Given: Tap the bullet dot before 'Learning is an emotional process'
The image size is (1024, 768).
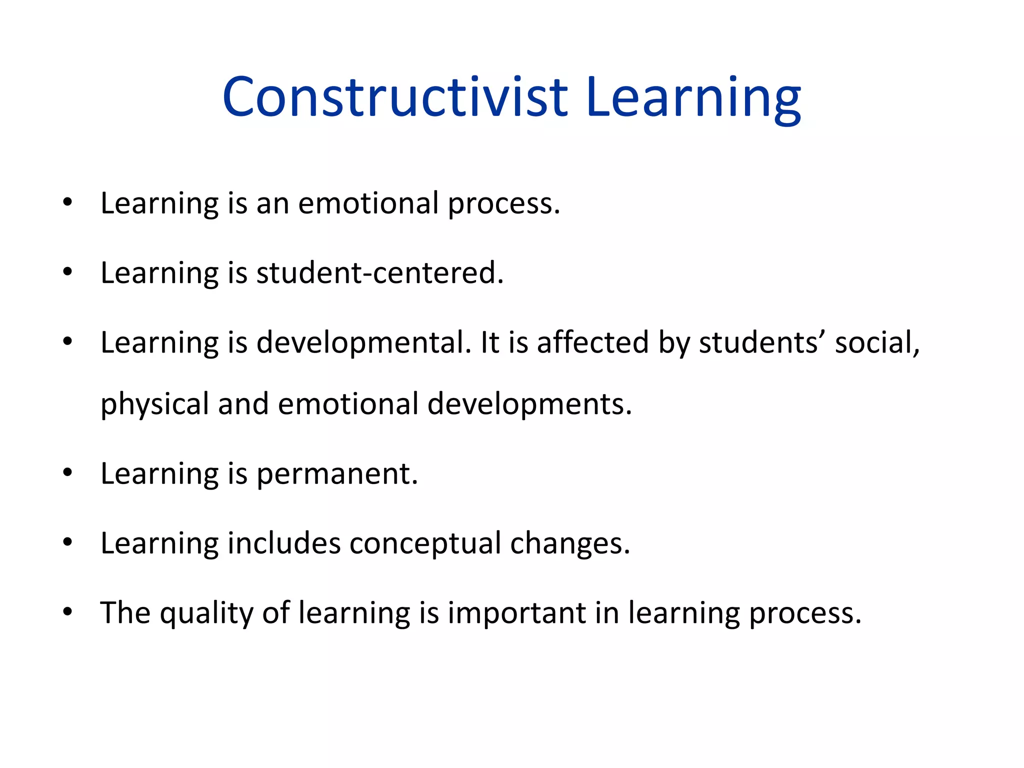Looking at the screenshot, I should coord(68,203).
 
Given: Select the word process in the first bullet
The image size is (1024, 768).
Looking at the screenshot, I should coord(503,204).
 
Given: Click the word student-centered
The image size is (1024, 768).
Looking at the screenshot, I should coord(380,273).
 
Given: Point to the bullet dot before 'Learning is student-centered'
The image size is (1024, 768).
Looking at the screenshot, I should coord(68,272).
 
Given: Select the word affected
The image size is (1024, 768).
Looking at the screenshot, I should coord(592,343).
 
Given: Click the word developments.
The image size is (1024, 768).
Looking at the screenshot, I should coord(529,404).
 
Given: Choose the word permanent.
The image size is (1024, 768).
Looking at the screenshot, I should coord(337,474).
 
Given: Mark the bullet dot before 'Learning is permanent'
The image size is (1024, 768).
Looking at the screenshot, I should coord(68,472).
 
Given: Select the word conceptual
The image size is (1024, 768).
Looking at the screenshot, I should coord(425,543).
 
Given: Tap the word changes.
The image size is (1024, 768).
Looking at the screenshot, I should coord(569,543).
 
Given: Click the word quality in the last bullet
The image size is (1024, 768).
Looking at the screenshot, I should coord(206,613).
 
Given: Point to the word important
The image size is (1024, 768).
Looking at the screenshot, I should coord(517,613).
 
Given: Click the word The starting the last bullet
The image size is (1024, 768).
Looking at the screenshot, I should coord(125,613).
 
